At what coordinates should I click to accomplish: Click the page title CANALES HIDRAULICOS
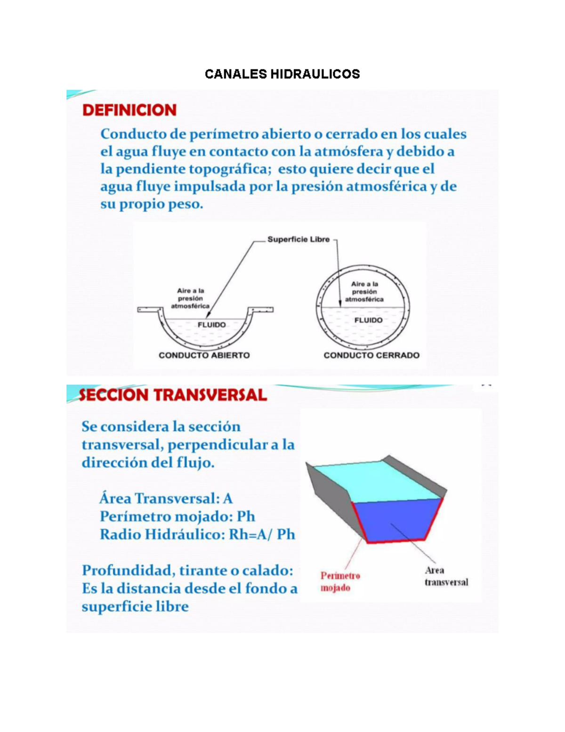tap(282, 74)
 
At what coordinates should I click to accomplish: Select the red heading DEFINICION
tap(129, 110)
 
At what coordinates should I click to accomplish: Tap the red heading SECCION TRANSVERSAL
tap(173, 395)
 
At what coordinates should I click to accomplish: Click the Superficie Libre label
tap(299, 239)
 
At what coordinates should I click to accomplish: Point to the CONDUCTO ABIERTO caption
tap(204, 355)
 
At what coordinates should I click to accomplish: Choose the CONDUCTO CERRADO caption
tap(371, 355)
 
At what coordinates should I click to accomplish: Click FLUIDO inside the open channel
tap(212, 325)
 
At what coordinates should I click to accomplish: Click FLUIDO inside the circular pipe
tap(369, 320)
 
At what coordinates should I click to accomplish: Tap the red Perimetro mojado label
tap(340, 582)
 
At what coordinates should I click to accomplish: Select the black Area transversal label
tap(446, 576)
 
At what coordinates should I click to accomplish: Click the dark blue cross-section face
tap(397, 520)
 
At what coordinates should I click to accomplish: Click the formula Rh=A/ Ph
tap(262, 534)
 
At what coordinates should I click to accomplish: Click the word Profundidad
tap(128, 571)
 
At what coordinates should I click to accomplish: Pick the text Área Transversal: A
tap(166, 498)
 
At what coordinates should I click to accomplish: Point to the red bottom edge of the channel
tap(396, 541)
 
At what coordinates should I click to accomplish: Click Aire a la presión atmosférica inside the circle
tap(364, 292)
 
